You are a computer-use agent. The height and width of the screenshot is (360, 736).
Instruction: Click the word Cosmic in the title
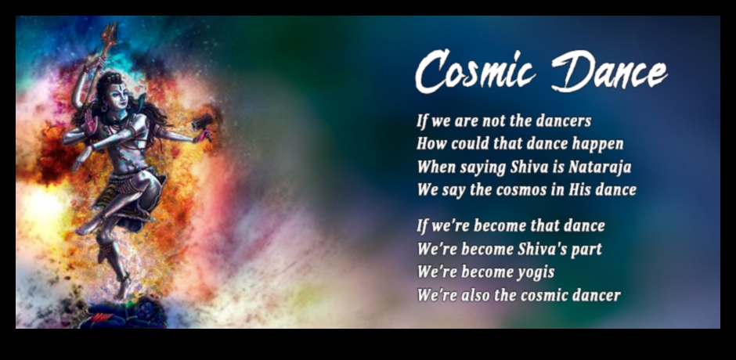pos(475,71)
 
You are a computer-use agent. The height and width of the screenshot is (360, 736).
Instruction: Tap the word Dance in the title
pos(609,71)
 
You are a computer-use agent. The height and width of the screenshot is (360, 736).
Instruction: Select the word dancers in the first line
pos(563,121)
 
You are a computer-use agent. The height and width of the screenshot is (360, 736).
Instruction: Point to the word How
pos(431,144)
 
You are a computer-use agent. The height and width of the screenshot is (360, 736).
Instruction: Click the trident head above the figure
pos(108,34)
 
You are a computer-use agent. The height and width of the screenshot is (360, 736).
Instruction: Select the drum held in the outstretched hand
pos(202,122)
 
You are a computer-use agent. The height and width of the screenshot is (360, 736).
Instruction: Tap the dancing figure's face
pos(116,95)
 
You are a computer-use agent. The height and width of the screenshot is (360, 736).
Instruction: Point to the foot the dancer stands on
pos(121,289)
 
